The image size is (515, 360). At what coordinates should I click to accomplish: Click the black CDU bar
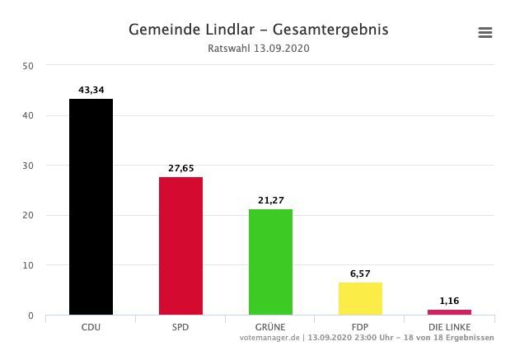click(91, 207)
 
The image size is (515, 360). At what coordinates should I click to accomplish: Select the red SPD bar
click(180, 245)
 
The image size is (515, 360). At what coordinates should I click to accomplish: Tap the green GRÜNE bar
click(270, 262)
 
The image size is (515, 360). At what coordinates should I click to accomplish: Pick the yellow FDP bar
click(360, 298)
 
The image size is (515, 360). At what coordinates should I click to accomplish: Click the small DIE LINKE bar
click(449, 312)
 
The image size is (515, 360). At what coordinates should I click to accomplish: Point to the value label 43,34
click(91, 89)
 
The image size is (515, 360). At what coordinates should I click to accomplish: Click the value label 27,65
click(180, 167)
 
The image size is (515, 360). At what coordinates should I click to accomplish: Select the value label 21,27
click(270, 199)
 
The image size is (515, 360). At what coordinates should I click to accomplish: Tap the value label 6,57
click(360, 273)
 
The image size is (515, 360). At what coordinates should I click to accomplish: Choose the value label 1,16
click(449, 301)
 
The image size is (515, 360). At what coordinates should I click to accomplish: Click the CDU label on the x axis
click(91, 327)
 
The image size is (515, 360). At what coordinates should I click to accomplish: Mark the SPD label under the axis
click(180, 327)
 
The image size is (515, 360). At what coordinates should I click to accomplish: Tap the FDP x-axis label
click(360, 327)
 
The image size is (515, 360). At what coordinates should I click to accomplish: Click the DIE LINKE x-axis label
click(449, 327)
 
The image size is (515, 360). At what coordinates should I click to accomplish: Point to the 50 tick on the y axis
click(28, 66)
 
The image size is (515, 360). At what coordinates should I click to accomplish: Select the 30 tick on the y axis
click(28, 166)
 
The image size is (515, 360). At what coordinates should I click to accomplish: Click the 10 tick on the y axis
click(28, 265)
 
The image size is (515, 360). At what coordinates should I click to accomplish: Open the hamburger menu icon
click(485, 32)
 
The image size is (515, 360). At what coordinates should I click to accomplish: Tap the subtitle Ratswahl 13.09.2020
click(258, 49)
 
